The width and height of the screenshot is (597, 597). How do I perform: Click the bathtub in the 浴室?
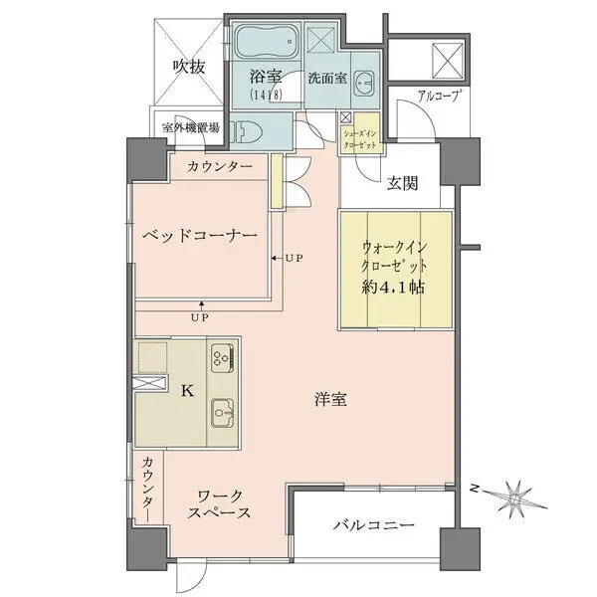[x=267, y=41]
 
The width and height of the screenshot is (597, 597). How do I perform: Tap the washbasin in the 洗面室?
[x=363, y=84]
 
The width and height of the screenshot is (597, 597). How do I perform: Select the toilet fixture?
[x=248, y=131]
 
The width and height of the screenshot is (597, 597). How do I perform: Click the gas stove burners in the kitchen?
[x=222, y=357]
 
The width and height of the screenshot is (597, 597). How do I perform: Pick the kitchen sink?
[x=223, y=414]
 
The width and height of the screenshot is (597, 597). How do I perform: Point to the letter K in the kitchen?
[x=187, y=391]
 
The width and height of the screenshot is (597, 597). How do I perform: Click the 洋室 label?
[x=330, y=400]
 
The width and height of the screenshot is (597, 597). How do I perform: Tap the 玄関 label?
[x=402, y=183]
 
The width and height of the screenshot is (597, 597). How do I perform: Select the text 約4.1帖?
[x=393, y=288]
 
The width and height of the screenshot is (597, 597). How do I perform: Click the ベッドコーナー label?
[x=200, y=236]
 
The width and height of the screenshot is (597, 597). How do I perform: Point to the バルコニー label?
[x=374, y=525]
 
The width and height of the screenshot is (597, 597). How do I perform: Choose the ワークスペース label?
[x=220, y=504]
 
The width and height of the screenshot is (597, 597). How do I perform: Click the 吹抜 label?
[x=189, y=67]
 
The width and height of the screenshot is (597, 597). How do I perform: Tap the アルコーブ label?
[x=437, y=96]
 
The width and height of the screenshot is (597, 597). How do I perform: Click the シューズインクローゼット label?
[x=360, y=139]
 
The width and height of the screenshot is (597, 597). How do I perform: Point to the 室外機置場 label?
[x=190, y=127]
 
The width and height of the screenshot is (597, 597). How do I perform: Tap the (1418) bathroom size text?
[x=266, y=95]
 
